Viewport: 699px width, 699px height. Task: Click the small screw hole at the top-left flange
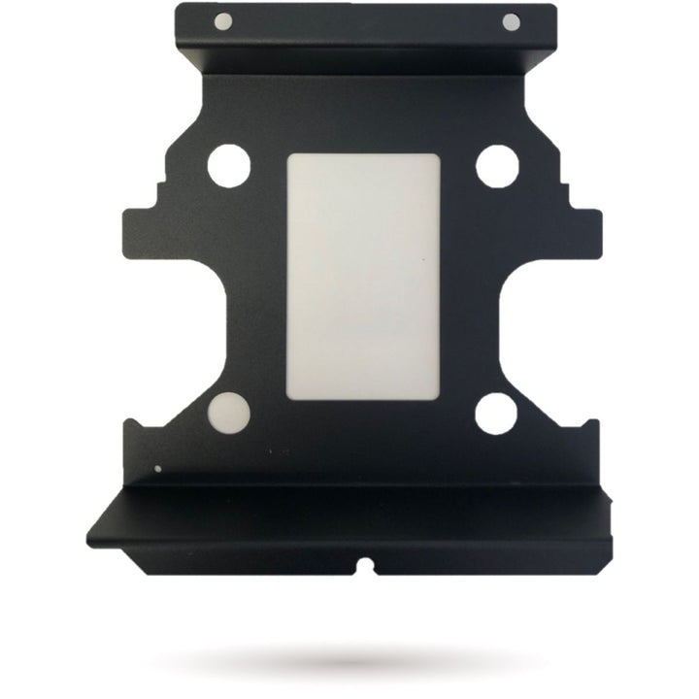(x=222, y=20)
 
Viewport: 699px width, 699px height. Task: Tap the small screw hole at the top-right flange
(x=511, y=22)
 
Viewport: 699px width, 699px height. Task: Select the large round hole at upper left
(x=228, y=165)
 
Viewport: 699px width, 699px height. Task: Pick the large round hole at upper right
(x=496, y=165)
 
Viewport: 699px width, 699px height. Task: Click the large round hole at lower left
(x=229, y=413)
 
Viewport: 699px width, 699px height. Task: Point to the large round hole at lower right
(x=496, y=413)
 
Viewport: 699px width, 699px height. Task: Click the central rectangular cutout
(x=363, y=278)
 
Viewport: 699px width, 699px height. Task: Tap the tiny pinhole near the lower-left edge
(x=158, y=469)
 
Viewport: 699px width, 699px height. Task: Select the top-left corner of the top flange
(x=178, y=7)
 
